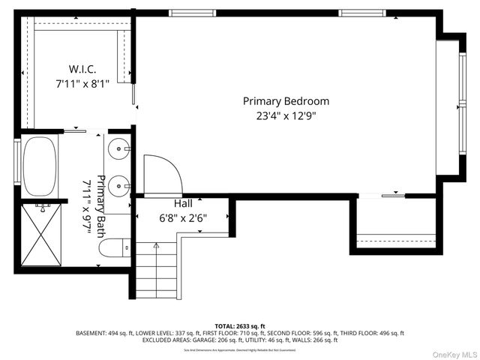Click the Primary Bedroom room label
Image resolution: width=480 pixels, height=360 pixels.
coord(286,101)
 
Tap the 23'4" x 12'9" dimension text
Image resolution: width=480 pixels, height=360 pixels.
coord(286,116)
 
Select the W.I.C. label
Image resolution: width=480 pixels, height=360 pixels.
coord(82,69)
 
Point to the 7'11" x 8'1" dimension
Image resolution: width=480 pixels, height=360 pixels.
coord(82,84)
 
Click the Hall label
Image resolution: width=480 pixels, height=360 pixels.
coord(184,203)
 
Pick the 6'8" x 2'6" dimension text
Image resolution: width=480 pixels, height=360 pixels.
coord(184,218)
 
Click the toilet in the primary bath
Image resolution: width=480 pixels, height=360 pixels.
coord(115,249)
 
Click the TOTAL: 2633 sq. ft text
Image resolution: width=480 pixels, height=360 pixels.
coord(239,326)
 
